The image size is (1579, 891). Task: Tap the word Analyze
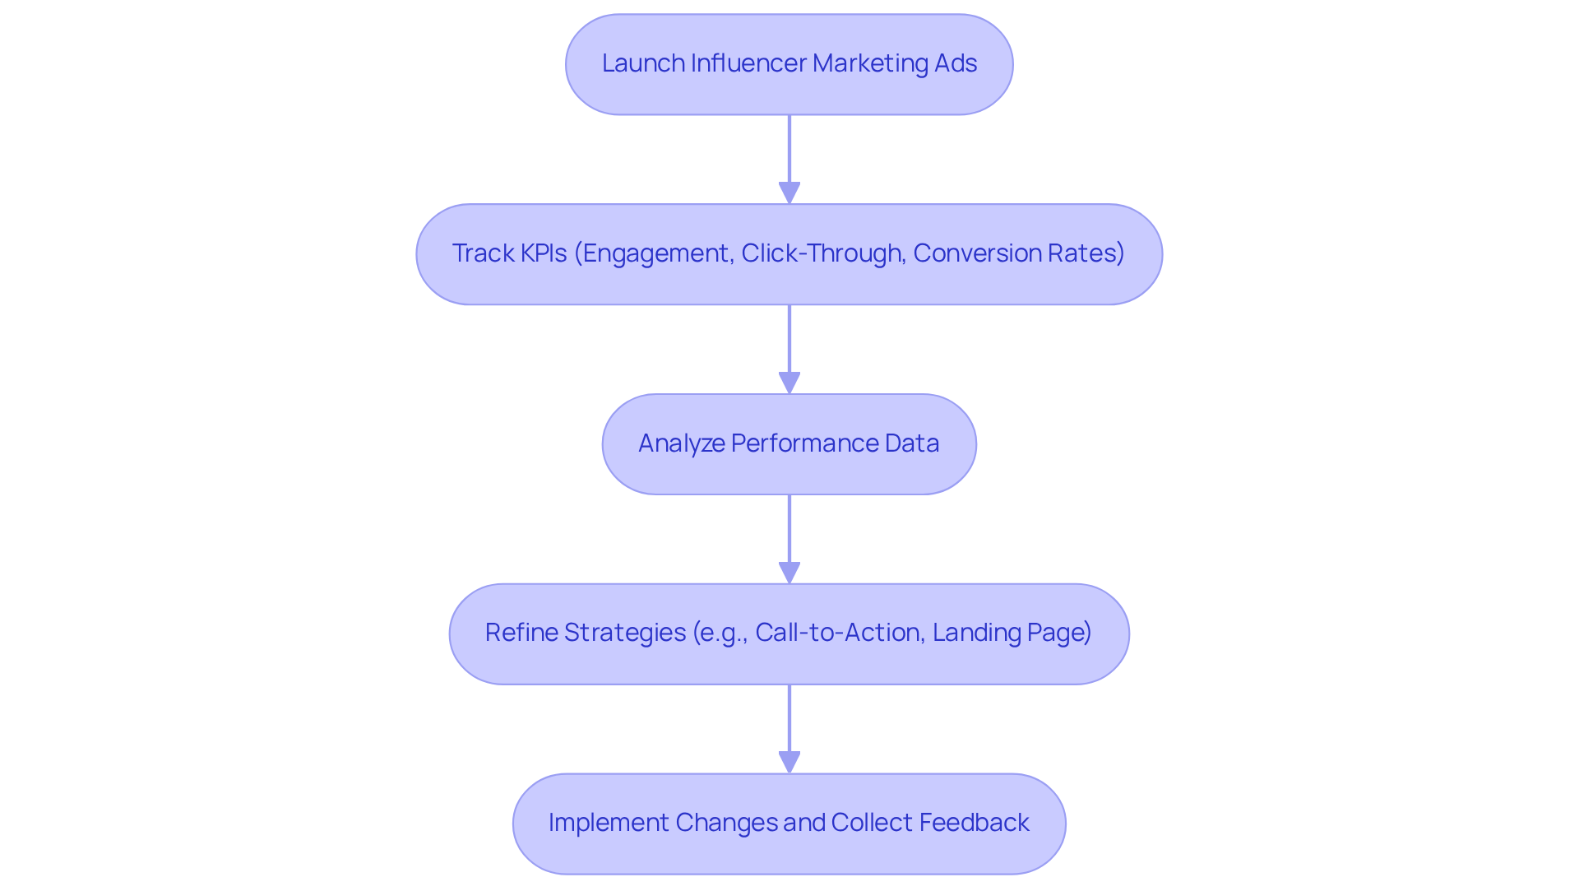click(681, 443)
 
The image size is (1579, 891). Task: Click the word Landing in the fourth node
click(974, 633)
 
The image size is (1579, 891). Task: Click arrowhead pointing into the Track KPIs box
click(789, 193)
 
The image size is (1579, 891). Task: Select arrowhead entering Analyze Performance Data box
click(789, 383)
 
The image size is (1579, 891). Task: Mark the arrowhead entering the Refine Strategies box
click(789, 573)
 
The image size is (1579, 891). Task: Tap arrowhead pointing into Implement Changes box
click(789, 763)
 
